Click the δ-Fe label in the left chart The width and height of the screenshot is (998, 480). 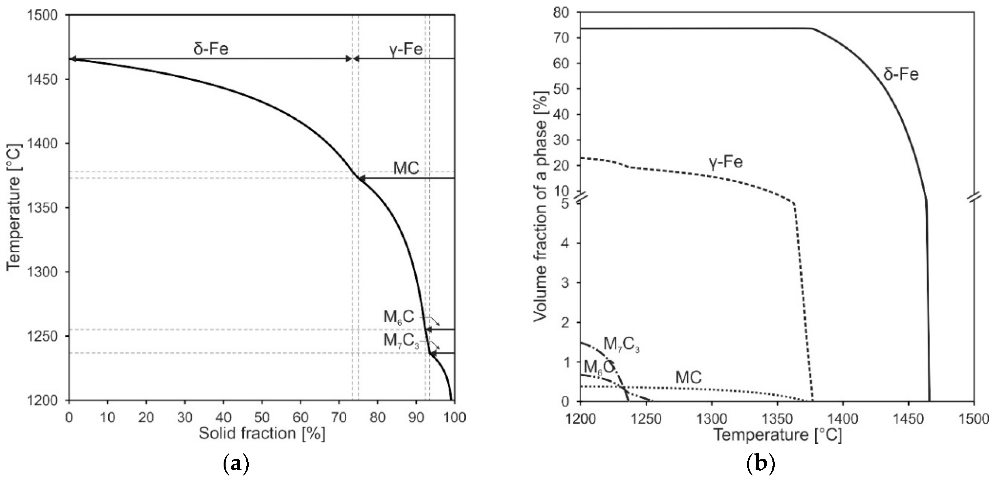coord(211,49)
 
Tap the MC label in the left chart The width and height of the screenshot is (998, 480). coord(406,169)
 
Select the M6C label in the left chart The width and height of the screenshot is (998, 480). coord(399,317)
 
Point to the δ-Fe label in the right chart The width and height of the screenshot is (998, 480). coord(901,74)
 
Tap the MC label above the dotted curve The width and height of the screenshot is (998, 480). coord(688,377)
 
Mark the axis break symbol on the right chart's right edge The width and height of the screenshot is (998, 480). coord(974,197)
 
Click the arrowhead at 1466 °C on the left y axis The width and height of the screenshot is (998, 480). coord(72,59)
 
